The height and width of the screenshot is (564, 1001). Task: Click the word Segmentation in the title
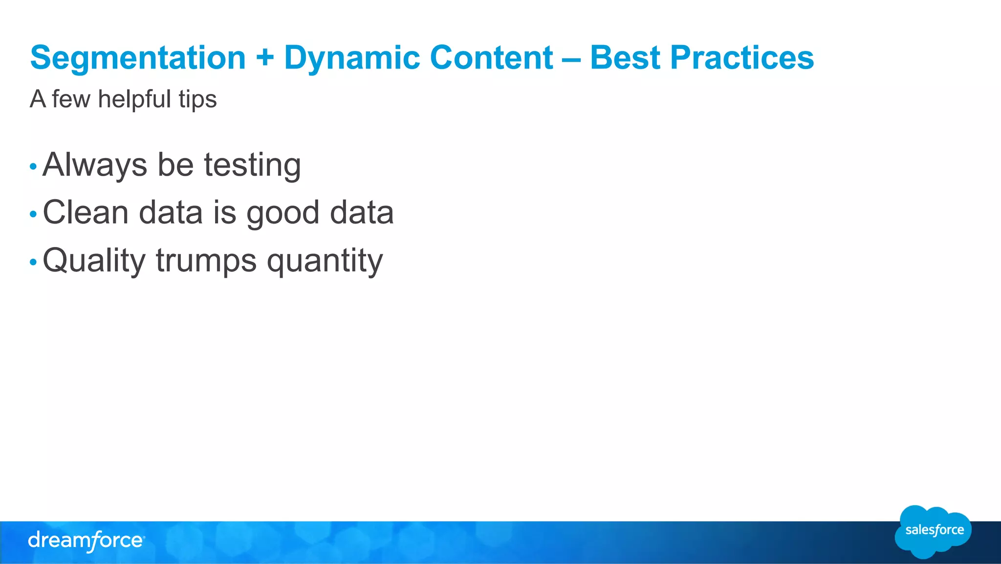138,58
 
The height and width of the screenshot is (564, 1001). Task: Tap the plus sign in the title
264,57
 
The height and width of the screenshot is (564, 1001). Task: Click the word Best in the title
625,58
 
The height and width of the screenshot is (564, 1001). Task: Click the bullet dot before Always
33,167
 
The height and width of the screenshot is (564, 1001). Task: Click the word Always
95,165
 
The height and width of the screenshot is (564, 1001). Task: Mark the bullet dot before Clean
33,214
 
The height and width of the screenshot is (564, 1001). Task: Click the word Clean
86,213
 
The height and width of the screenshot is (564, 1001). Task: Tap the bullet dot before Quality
33,262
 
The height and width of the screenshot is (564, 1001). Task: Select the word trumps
206,261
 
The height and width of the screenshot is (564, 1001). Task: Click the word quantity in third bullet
325,261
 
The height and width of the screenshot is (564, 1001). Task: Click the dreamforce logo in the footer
86,541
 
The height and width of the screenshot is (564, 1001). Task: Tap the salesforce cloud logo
933,531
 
